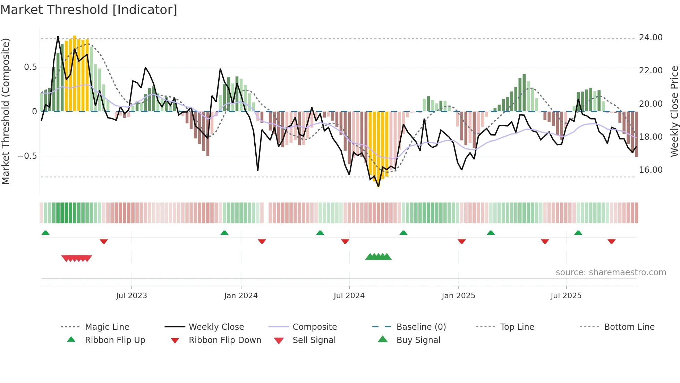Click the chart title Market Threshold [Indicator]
[89, 10]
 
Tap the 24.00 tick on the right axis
[651, 38]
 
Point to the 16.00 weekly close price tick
[651, 170]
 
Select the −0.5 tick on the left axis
[27, 156]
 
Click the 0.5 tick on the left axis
[30, 67]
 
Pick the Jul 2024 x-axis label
[349, 296]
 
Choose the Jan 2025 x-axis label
[458, 296]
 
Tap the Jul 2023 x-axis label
[131, 296]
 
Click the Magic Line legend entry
[107, 327]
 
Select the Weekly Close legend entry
[216, 327]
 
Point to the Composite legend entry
[314, 327]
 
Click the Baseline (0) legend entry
[421, 327]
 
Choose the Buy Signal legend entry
[418, 340]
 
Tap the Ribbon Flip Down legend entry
[224, 340]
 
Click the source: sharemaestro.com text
[611, 272]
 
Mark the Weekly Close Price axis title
[674, 111]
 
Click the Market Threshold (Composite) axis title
[6, 111]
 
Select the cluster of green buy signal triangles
[378, 257]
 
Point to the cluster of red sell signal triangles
[77, 258]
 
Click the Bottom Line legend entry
[629, 327]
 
